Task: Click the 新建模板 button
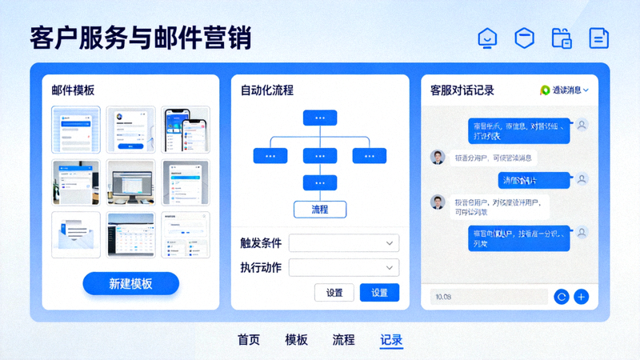tap(130, 283)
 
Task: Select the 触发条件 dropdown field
tap(344, 242)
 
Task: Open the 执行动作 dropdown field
tap(344, 267)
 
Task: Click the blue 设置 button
tap(379, 293)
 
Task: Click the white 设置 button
tap(334, 293)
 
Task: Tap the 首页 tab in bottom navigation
tap(249, 339)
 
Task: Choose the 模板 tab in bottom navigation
tap(296, 339)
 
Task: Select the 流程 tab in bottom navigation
tap(343, 339)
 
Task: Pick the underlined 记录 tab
tap(391, 339)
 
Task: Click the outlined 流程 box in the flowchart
tap(319, 209)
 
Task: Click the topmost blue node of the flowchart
tap(319, 118)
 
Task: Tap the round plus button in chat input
tap(582, 297)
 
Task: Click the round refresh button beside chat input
tap(562, 297)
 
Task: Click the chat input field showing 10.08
tap(488, 297)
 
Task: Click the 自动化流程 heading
tap(267, 90)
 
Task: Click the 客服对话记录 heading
tap(462, 90)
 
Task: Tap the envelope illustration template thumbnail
tap(76, 234)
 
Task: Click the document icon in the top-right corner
tap(599, 38)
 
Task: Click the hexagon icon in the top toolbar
tap(524, 38)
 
